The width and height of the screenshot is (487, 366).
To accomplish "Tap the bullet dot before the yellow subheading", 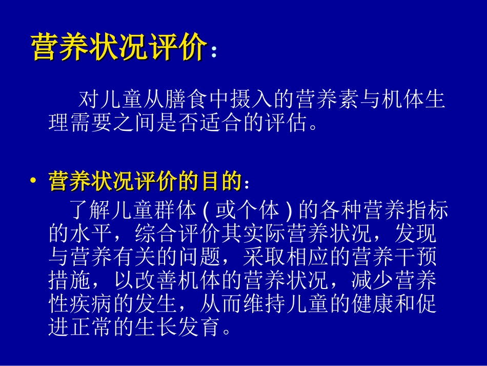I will click(33, 182).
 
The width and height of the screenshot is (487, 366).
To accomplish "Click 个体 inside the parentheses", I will click(260, 210).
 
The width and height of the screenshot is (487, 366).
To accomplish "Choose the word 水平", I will click(91, 234).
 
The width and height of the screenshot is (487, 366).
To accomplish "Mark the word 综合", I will click(156, 234).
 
